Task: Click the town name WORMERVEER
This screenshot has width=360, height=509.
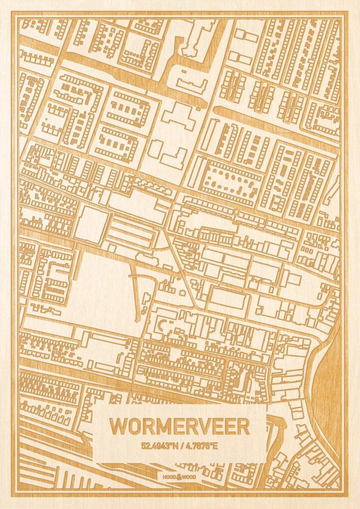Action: (180, 427)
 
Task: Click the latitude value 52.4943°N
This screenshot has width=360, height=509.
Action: (158, 446)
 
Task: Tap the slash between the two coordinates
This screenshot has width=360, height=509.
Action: (180, 446)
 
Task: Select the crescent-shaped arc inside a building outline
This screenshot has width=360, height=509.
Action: (162, 326)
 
